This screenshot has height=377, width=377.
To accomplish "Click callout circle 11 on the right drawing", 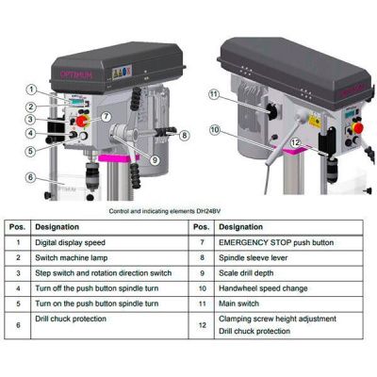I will tap(214, 94).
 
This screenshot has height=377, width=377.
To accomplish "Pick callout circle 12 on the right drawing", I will tap(295, 142).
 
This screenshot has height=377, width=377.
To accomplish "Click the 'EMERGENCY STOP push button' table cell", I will tap(268, 243).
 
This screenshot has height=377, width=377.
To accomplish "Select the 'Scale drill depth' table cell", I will tap(244, 274).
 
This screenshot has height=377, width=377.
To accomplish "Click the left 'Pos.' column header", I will tap(17, 227).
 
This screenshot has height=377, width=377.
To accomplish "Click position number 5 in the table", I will tap(17, 305).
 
